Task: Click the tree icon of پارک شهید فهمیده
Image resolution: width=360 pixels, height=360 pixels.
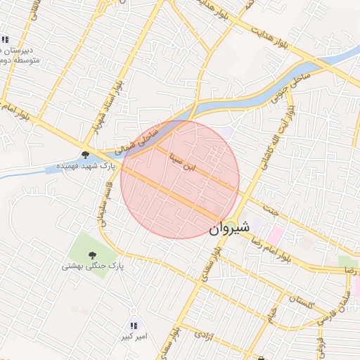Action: coord(85,155)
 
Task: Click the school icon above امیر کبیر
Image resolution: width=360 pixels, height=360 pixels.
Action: coord(133,326)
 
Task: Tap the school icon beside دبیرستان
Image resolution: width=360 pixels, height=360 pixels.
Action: coord(5,40)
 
